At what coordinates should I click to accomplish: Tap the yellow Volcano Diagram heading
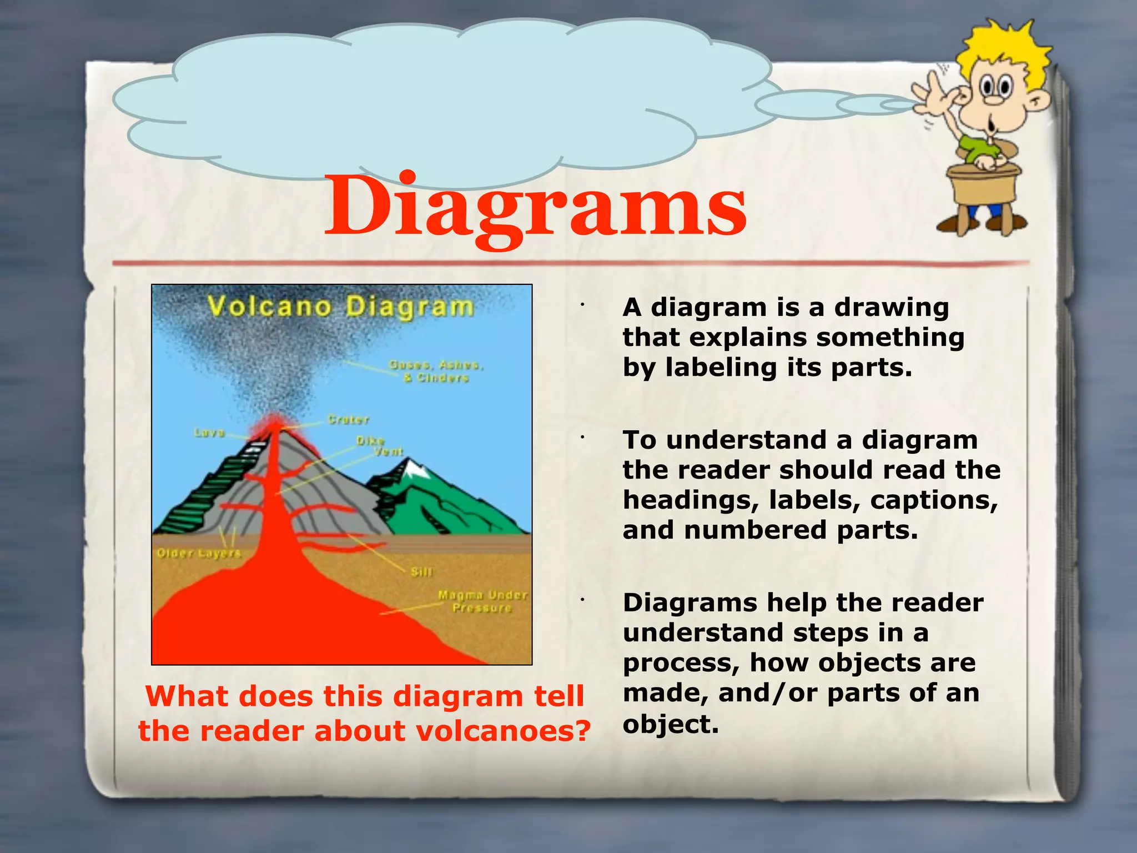tap(340, 307)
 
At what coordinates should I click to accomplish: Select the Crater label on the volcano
tap(348, 419)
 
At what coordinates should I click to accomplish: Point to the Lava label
tap(209, 432)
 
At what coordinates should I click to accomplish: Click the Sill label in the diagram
tap(421, 571)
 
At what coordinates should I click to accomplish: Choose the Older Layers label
tap(199, 553)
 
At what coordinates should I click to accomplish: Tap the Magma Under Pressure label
tap(482, 601)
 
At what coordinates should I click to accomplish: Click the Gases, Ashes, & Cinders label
tap(436, 371)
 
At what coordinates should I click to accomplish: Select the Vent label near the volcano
tap(388, 451)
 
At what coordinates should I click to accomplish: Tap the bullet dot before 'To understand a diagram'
tap(582, 438)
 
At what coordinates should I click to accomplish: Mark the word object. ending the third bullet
tap(671, 724)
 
